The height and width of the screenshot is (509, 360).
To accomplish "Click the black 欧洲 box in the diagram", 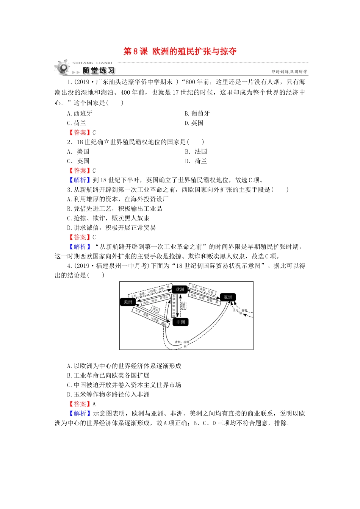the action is (x=180, y=289).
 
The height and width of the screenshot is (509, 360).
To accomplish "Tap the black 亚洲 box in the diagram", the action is (x=228, y=297).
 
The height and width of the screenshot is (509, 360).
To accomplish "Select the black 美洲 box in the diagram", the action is (x=128, y=302).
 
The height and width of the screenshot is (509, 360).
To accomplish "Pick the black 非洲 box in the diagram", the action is (x=181, y=322).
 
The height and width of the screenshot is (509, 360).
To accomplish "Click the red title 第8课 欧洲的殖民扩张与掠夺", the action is (x=180, y=52).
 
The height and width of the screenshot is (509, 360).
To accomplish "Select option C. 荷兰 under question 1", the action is (x=77, y=123).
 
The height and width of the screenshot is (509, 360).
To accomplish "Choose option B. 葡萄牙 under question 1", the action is (x=197, y=113).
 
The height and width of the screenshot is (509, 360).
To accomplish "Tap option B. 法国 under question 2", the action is (x=196, y=151).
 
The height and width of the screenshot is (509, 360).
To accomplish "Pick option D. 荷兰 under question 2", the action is (x=196, y=161).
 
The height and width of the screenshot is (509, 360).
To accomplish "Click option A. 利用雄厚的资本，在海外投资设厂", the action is (x=118, y=199).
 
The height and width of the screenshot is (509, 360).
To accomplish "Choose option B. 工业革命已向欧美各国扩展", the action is (x=108, y=375).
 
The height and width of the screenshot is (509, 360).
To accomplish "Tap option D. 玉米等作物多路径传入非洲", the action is (x=108, y=394).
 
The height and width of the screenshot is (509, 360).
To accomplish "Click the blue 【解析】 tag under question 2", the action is (x=79, y=180).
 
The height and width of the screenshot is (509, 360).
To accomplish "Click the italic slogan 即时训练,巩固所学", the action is (x=289, y=71).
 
